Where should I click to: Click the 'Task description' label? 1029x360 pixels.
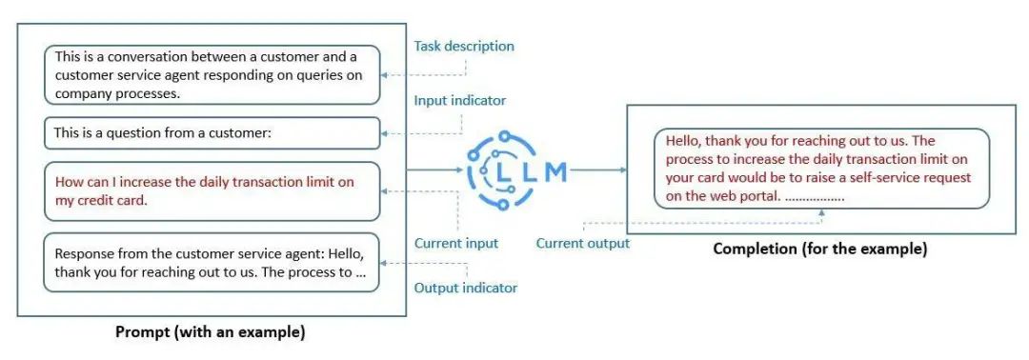click(x=464, y=46)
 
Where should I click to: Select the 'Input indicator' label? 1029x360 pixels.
click(x=460, y=100)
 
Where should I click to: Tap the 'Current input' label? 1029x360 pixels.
click(x=456, y=243)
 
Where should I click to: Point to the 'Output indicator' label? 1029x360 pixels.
click(x=466, y=288)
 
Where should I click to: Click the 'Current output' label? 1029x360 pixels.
click(x=582, y=243)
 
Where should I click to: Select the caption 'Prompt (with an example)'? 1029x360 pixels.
click(x=210, y=332)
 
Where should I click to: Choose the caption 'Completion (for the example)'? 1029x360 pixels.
click(x=819, y=250)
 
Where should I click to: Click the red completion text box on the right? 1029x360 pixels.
click(x=821, y=168)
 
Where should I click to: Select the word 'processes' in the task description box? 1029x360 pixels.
click(x=148, y=93)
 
